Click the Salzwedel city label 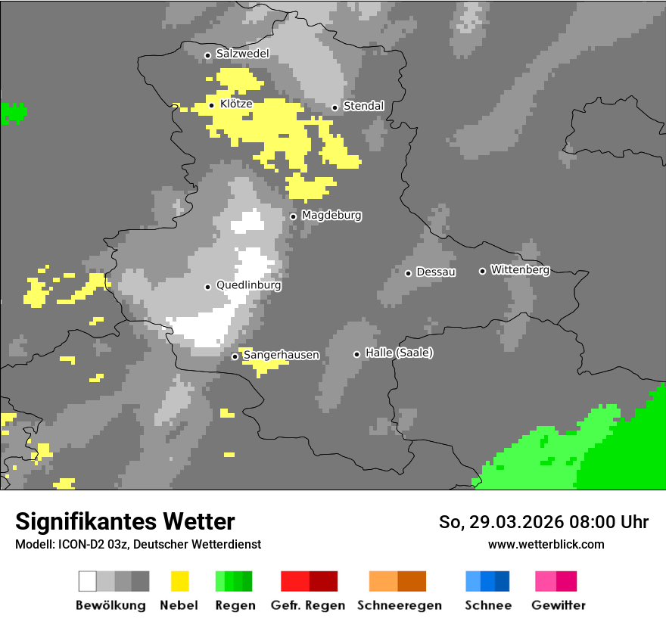tap(242, 54)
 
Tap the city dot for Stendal tap(335, 107)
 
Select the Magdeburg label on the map tap(331, 216)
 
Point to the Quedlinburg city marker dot tap(207, 287)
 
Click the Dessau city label tap(436, 272)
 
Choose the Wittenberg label tap(520, 269)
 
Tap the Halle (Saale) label tap(399, 353)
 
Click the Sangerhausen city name tap(281, 355)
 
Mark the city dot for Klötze tap(211, 105)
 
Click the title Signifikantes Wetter tap(125, 521)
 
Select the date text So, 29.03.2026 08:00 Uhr tap(543, 522)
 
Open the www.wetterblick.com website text tap(546, 544)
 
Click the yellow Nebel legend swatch tap(180, 581)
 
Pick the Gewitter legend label tap(559, 605)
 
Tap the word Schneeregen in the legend tap(400, 605)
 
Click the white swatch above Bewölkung tap(88, 581)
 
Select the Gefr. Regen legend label tap(308, 605)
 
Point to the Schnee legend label tap(488, 605)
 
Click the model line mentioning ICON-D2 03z tap(138, 544)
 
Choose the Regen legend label tap(234, 605)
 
